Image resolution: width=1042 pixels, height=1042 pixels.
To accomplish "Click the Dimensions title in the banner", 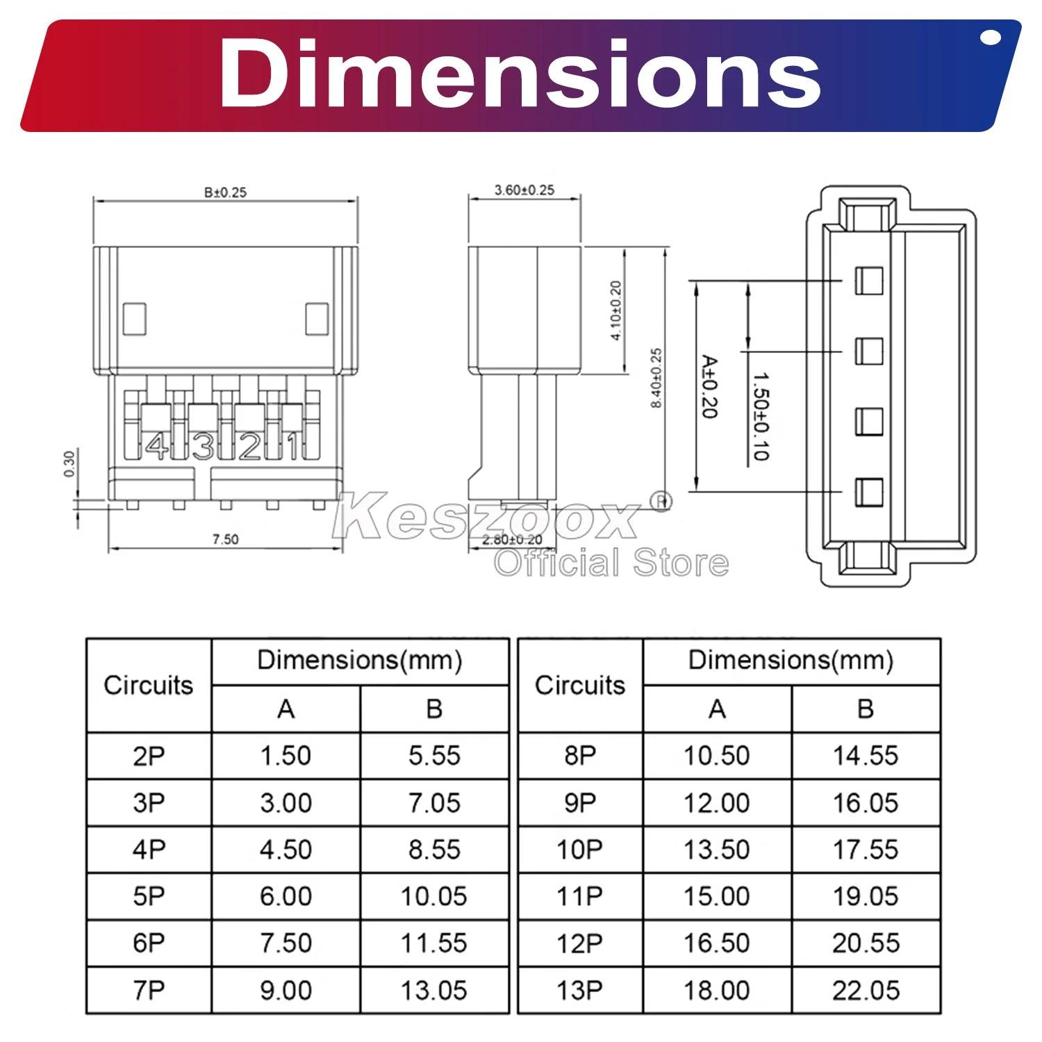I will (520, 75).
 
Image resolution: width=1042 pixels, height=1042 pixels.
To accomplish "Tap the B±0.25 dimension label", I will (225, 192).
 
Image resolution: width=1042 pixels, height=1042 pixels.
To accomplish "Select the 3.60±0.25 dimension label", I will (524, 190).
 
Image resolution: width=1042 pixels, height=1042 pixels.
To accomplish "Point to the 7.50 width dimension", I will (225, 539).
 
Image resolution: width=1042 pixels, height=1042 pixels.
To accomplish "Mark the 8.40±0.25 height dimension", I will (656, 378).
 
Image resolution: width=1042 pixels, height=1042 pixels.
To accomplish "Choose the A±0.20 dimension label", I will (709, 386).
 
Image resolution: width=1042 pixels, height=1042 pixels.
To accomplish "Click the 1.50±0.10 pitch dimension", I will (761, 415).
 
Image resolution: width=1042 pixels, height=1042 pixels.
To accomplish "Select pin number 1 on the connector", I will (294, 447).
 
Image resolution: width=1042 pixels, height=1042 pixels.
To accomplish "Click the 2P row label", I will (149, 756).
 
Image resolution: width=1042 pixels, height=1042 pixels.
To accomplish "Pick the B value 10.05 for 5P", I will (434, 896).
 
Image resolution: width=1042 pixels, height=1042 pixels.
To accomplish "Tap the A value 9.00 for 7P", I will (286, 990).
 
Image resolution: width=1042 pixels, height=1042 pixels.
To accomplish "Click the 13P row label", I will (579, 990).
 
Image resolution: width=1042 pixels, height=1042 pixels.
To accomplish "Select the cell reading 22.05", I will (866, 990).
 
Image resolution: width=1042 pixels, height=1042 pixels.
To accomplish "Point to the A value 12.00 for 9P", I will (716, 803).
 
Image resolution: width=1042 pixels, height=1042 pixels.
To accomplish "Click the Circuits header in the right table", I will (579, 685).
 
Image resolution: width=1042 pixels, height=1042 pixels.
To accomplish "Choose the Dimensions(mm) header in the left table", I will (359, 660).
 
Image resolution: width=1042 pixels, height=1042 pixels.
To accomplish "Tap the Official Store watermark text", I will (611, 563).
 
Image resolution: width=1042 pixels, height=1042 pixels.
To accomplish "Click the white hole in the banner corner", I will (991, 38).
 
